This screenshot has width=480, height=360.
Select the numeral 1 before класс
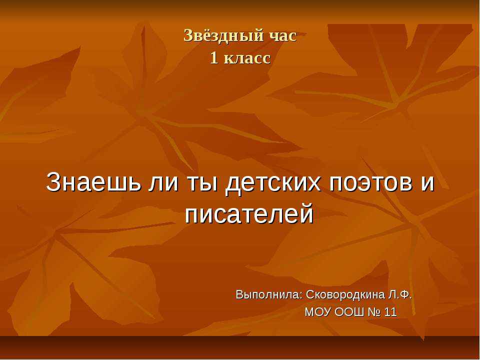point(213,58)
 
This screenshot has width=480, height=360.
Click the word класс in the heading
point(247,58)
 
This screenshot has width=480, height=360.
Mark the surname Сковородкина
point(344,294)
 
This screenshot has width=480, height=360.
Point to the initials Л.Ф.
point(400,294)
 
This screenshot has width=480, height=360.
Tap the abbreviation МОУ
point(317,312)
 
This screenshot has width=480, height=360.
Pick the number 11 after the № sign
point(391,312)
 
